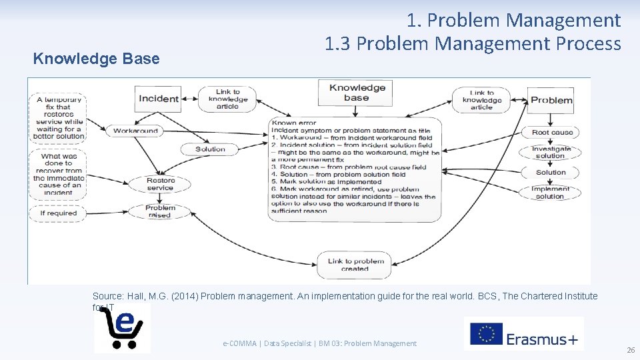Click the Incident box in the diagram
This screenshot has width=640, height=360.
click(158, 99)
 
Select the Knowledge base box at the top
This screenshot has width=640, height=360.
click(357, 93)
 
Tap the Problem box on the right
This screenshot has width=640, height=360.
click(551, 100)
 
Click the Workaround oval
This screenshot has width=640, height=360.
click(135, 131)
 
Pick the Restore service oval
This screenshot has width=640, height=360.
click(160, 184)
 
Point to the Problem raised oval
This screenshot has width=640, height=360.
click(160, 211)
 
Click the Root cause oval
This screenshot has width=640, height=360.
click(552, 132)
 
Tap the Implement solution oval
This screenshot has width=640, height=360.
click(550, 193)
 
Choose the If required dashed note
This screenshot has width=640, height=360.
click(58, 213)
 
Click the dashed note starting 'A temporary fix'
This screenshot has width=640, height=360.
click(59, 118)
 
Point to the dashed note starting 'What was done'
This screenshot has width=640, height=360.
click(59, 174)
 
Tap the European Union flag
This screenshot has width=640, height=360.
click(486, 334)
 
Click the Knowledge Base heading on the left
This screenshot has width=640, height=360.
click(97, 59)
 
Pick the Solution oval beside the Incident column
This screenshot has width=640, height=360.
click(210, 149)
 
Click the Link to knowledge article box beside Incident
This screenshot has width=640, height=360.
click(227, 99)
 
